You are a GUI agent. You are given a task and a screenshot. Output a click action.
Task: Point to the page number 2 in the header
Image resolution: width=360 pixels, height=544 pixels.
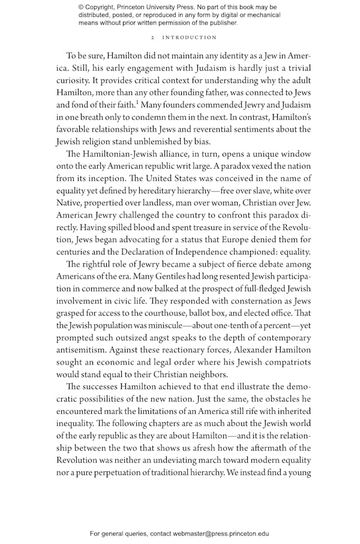(x=154, y=37)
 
